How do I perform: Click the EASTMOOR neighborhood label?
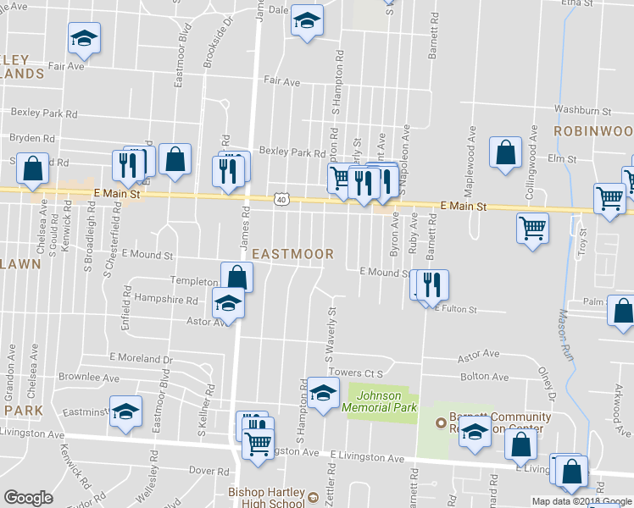click(292, 253)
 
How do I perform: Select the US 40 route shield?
click(281, 198)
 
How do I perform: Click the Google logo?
click(28, 497)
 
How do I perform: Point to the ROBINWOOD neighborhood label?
click(594, 131)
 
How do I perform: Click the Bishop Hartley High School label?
click(265, 497)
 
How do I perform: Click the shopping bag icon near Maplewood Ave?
click(505, 153)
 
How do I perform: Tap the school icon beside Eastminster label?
click(126, 411)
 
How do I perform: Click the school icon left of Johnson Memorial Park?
click(322, 393)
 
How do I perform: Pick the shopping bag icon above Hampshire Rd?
click(236, 277)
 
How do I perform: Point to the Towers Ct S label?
click(356, 373)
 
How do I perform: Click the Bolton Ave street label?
click(484, 377)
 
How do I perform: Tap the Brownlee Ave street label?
click(89, 377)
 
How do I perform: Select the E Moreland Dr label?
click(141, 359)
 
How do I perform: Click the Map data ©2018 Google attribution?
click(581, 501)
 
